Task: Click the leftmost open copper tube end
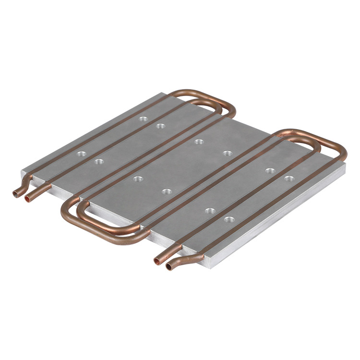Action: [16, 194]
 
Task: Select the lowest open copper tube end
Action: [168, 265]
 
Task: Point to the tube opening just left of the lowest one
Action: [156, 261]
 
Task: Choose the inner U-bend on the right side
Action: [326, 153]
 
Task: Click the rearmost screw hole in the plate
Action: [143, 118]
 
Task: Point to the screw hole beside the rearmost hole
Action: [161, 126]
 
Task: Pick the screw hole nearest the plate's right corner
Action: [289, 179]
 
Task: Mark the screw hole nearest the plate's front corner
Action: [229, 220]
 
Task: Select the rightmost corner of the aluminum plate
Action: [345, 166]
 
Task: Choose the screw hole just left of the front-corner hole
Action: [209, 211]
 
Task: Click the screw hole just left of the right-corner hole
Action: [270, 170]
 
